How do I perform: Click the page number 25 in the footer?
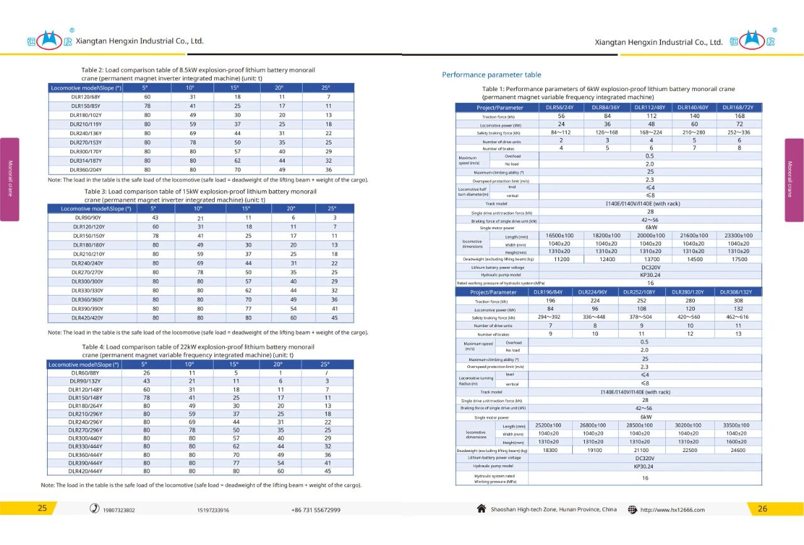(x=42, y=509)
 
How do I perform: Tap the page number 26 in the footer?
(x=762, y=509)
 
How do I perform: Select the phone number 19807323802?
(x=119, y=510)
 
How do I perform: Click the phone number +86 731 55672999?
(x=315, y=510)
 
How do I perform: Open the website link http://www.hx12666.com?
(x=672, y=510)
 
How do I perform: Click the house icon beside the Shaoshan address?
(x=482, y=509)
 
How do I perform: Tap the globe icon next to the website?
(x=632, y=510)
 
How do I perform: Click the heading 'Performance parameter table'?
(x=491, y=75)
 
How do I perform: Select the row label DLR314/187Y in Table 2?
(x=85, y=161)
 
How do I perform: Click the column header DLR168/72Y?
(x=739, y=107)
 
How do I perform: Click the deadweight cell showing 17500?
(x=739, y=259)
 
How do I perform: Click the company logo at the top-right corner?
(x=752, y=41)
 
